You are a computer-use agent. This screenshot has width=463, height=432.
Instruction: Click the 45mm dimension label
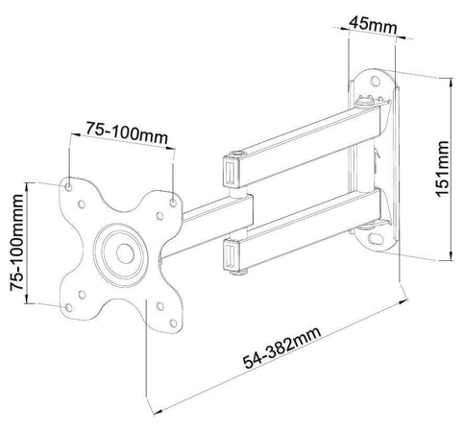373,25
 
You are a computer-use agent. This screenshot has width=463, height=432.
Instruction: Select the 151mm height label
443,169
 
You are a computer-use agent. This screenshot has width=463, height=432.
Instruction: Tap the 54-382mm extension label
281,348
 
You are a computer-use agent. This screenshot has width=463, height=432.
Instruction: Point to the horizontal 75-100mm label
127,132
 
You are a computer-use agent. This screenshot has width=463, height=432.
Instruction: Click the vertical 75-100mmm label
17,243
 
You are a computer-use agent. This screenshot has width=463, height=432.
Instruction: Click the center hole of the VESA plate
125,253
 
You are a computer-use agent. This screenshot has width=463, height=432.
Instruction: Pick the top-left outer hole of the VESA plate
68,187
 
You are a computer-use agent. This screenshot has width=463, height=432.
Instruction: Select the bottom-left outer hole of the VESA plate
68,308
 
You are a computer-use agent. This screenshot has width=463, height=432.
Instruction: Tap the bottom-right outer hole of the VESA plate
173,324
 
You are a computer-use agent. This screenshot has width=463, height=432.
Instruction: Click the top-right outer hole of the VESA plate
173,203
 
